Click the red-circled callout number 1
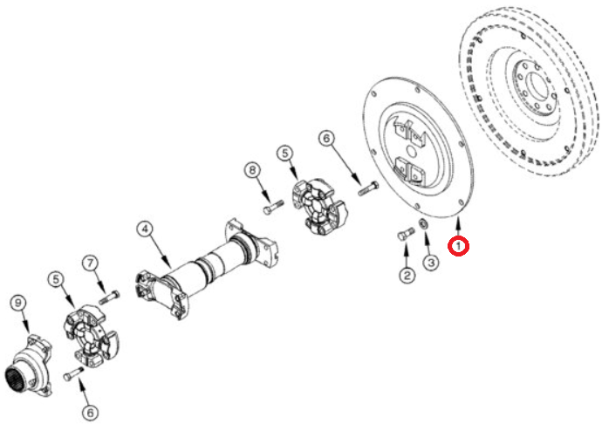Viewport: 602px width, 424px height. coord(458,246)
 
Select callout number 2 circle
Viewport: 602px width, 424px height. coord(407,275)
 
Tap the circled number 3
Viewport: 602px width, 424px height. coord(431,263)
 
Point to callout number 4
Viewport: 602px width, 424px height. coord(145,229)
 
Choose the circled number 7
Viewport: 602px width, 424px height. coord(90,263)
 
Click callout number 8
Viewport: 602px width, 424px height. coord(252,170)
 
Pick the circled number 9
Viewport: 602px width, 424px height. coord(18,303)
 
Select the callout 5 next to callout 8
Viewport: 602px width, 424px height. coord(285,154)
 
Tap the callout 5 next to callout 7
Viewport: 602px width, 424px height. coord(57,279)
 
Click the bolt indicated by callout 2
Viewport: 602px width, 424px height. coord(406,234)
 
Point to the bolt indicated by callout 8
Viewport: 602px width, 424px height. coord(273,207)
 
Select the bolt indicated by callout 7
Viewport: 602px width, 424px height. coord(109,297)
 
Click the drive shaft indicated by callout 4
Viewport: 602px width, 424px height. coord(208,268)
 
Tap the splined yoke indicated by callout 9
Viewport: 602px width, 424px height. coord(29,366)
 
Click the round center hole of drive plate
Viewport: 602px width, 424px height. coord(411,151)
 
